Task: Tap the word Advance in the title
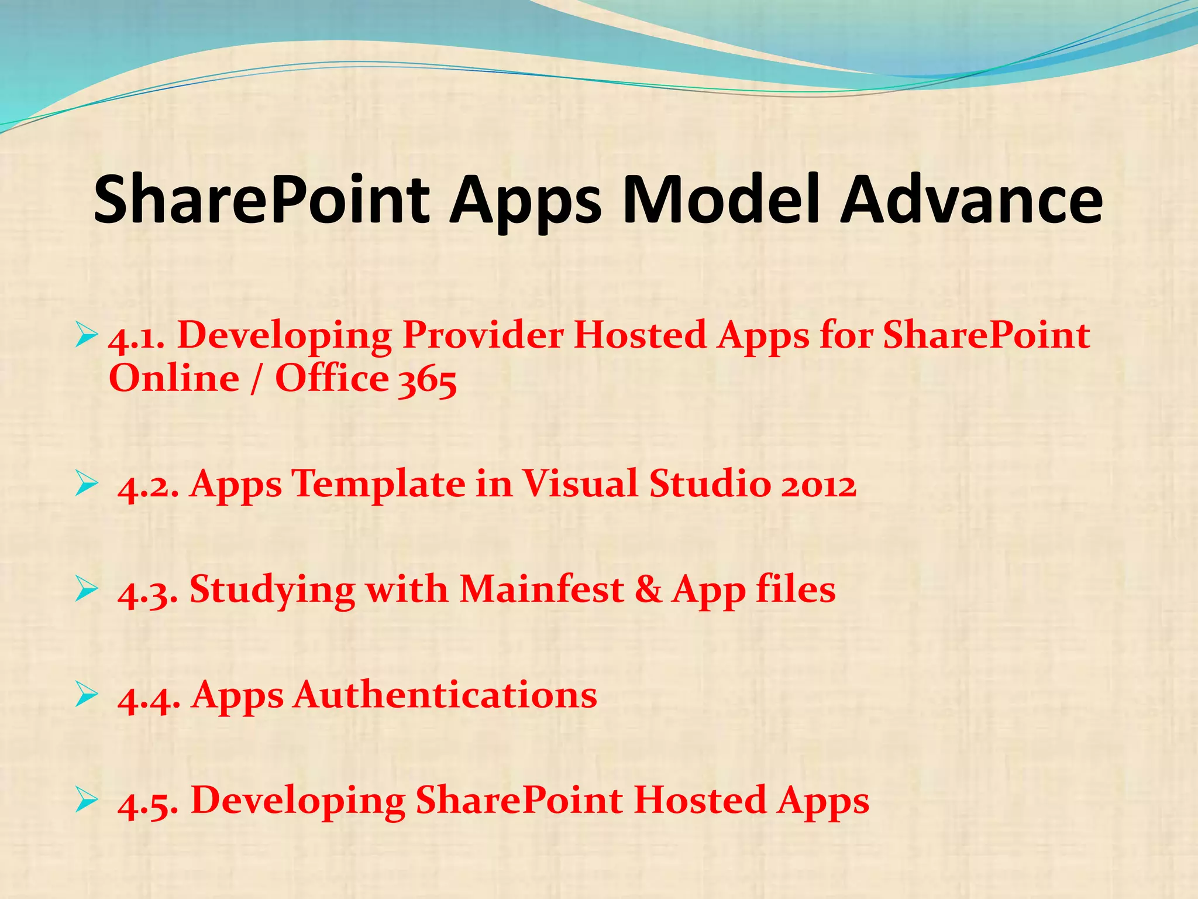tap(971, 201)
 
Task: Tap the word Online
tap(174, 379)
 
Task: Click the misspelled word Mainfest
tap(542, 590)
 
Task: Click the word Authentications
tap(445, 696)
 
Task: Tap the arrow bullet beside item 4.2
tap(86, 485)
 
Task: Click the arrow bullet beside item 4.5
tap(86, 801)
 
